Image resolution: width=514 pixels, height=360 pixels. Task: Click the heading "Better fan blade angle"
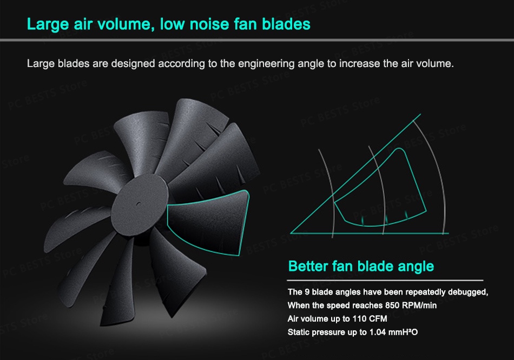tap(361, 266)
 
